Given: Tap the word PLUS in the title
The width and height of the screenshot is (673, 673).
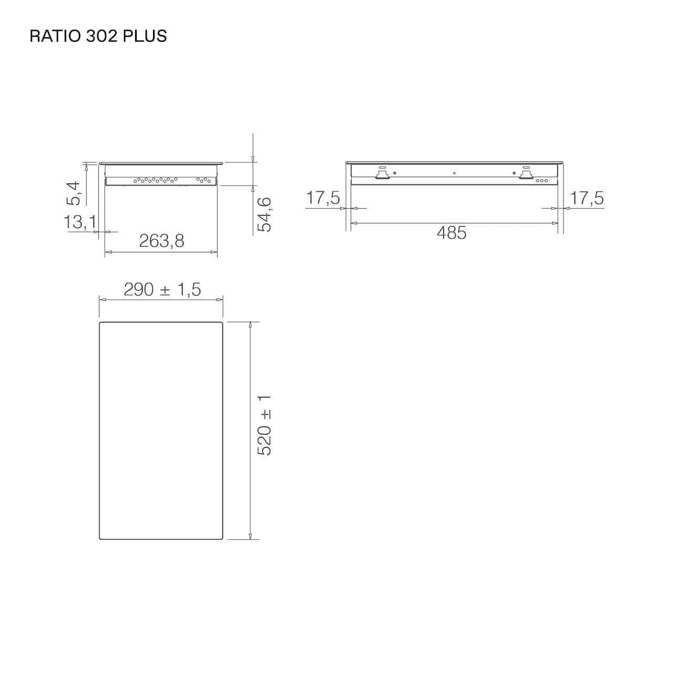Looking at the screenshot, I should (x=145, y=36).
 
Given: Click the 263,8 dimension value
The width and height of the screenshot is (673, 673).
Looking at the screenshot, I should (x=161, y=241).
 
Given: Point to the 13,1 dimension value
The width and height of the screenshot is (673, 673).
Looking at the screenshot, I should (x=80, y=222).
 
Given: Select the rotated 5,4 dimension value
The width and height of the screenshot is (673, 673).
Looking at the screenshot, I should (x=74, y=193).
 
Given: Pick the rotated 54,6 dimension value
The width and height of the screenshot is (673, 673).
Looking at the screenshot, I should (x=264, y=214).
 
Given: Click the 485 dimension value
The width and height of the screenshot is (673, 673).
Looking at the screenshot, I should (x=452, y=232).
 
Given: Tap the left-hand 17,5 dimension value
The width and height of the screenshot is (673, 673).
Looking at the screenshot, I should (x=323, y=198).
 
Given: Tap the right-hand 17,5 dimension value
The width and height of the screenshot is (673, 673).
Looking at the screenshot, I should (x=587, y=198).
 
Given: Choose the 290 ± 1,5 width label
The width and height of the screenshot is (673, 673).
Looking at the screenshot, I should (x=162, y=289).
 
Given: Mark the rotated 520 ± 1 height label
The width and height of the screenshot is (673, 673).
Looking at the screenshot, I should (x=264, y=426).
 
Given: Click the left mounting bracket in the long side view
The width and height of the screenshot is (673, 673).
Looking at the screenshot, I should (x=382, y=174).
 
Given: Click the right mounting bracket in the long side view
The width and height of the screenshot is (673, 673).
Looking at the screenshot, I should (x=526, y=174).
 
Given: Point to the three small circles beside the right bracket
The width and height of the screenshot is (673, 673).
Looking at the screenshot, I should (x=542, y=180).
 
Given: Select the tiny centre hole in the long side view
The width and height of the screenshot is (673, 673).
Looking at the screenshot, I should (x=454, y=173).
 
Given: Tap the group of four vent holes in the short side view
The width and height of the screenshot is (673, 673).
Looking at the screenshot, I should (x=203, y=180).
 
